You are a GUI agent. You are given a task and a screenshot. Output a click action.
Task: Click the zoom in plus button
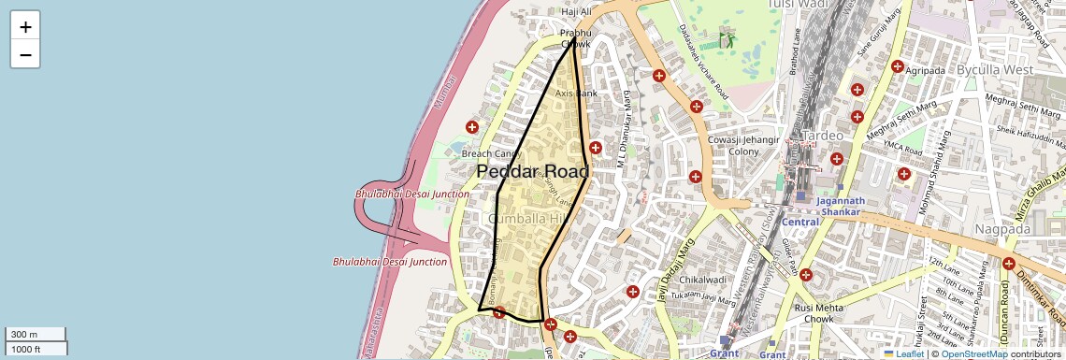(25, 26)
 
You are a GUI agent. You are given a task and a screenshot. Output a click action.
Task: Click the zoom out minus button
(25, 54)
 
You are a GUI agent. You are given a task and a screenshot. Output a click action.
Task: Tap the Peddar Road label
(532, 172)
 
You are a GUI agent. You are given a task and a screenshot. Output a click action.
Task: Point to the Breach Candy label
(490, 154)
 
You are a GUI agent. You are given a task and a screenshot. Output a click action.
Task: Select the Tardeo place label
(823, 136)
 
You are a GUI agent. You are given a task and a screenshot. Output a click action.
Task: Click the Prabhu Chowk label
(576, 37)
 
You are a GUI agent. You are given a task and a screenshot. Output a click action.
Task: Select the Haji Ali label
(576, 12)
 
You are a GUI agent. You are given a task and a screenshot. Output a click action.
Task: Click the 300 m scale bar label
(24, 335)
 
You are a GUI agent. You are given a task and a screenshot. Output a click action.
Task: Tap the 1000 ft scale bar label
(25, 349)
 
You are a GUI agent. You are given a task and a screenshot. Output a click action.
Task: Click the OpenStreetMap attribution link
(973, 353)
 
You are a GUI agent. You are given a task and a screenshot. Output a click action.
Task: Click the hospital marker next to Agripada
(897, 66)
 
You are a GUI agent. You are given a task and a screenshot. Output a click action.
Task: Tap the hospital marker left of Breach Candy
(471, 126)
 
